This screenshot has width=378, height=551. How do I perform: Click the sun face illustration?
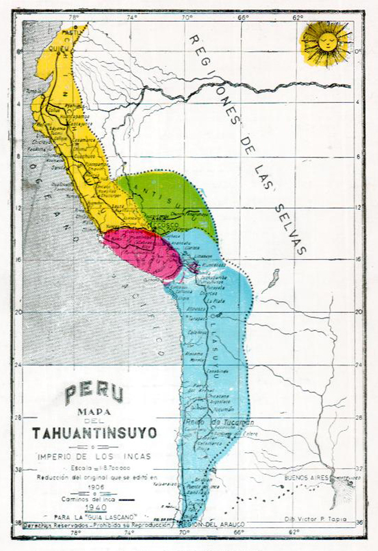click(x=326, y=43)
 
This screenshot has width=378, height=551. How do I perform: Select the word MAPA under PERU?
click(x=94, y=412)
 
